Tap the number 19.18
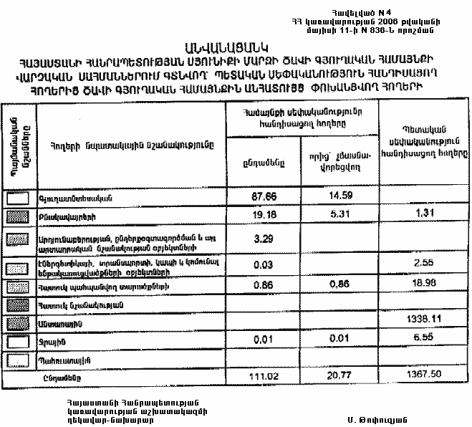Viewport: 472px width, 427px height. pos(264,214)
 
